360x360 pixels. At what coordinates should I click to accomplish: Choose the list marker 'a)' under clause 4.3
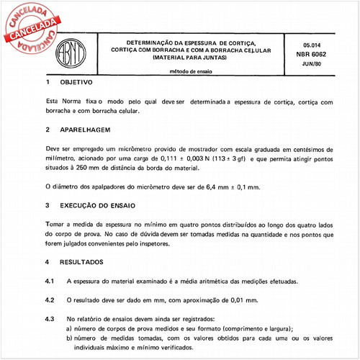(69, 328)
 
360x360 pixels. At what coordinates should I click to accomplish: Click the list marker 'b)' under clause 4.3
(69, 337)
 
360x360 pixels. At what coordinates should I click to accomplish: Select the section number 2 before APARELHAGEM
(47, 130)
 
